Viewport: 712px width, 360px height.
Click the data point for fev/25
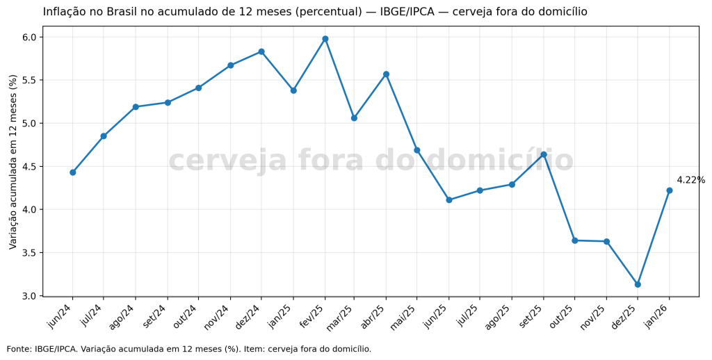pyautogui.click(x=325, y=39)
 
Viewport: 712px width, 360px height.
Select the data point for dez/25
pyautogui.click(x=638, y=284)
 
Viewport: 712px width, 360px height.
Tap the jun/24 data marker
pyautogui.click(x=72, y=172)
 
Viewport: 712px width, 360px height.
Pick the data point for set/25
pyautogui.click(x=544, y=154)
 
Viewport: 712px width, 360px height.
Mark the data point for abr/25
pyautogui.click(x=386, y=74)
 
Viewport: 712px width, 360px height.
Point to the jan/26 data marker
pyautogui.click(x=670, y=190)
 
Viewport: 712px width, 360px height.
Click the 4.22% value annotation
pyautogui.click(x=690, y=180)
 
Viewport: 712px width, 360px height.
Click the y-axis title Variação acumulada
pyautogui.click(x=13, y=162)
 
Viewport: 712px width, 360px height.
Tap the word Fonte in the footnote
pyautogui.click(x=19, y=349)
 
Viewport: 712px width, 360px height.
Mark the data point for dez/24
pyautogui.click(x=261, y=51)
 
